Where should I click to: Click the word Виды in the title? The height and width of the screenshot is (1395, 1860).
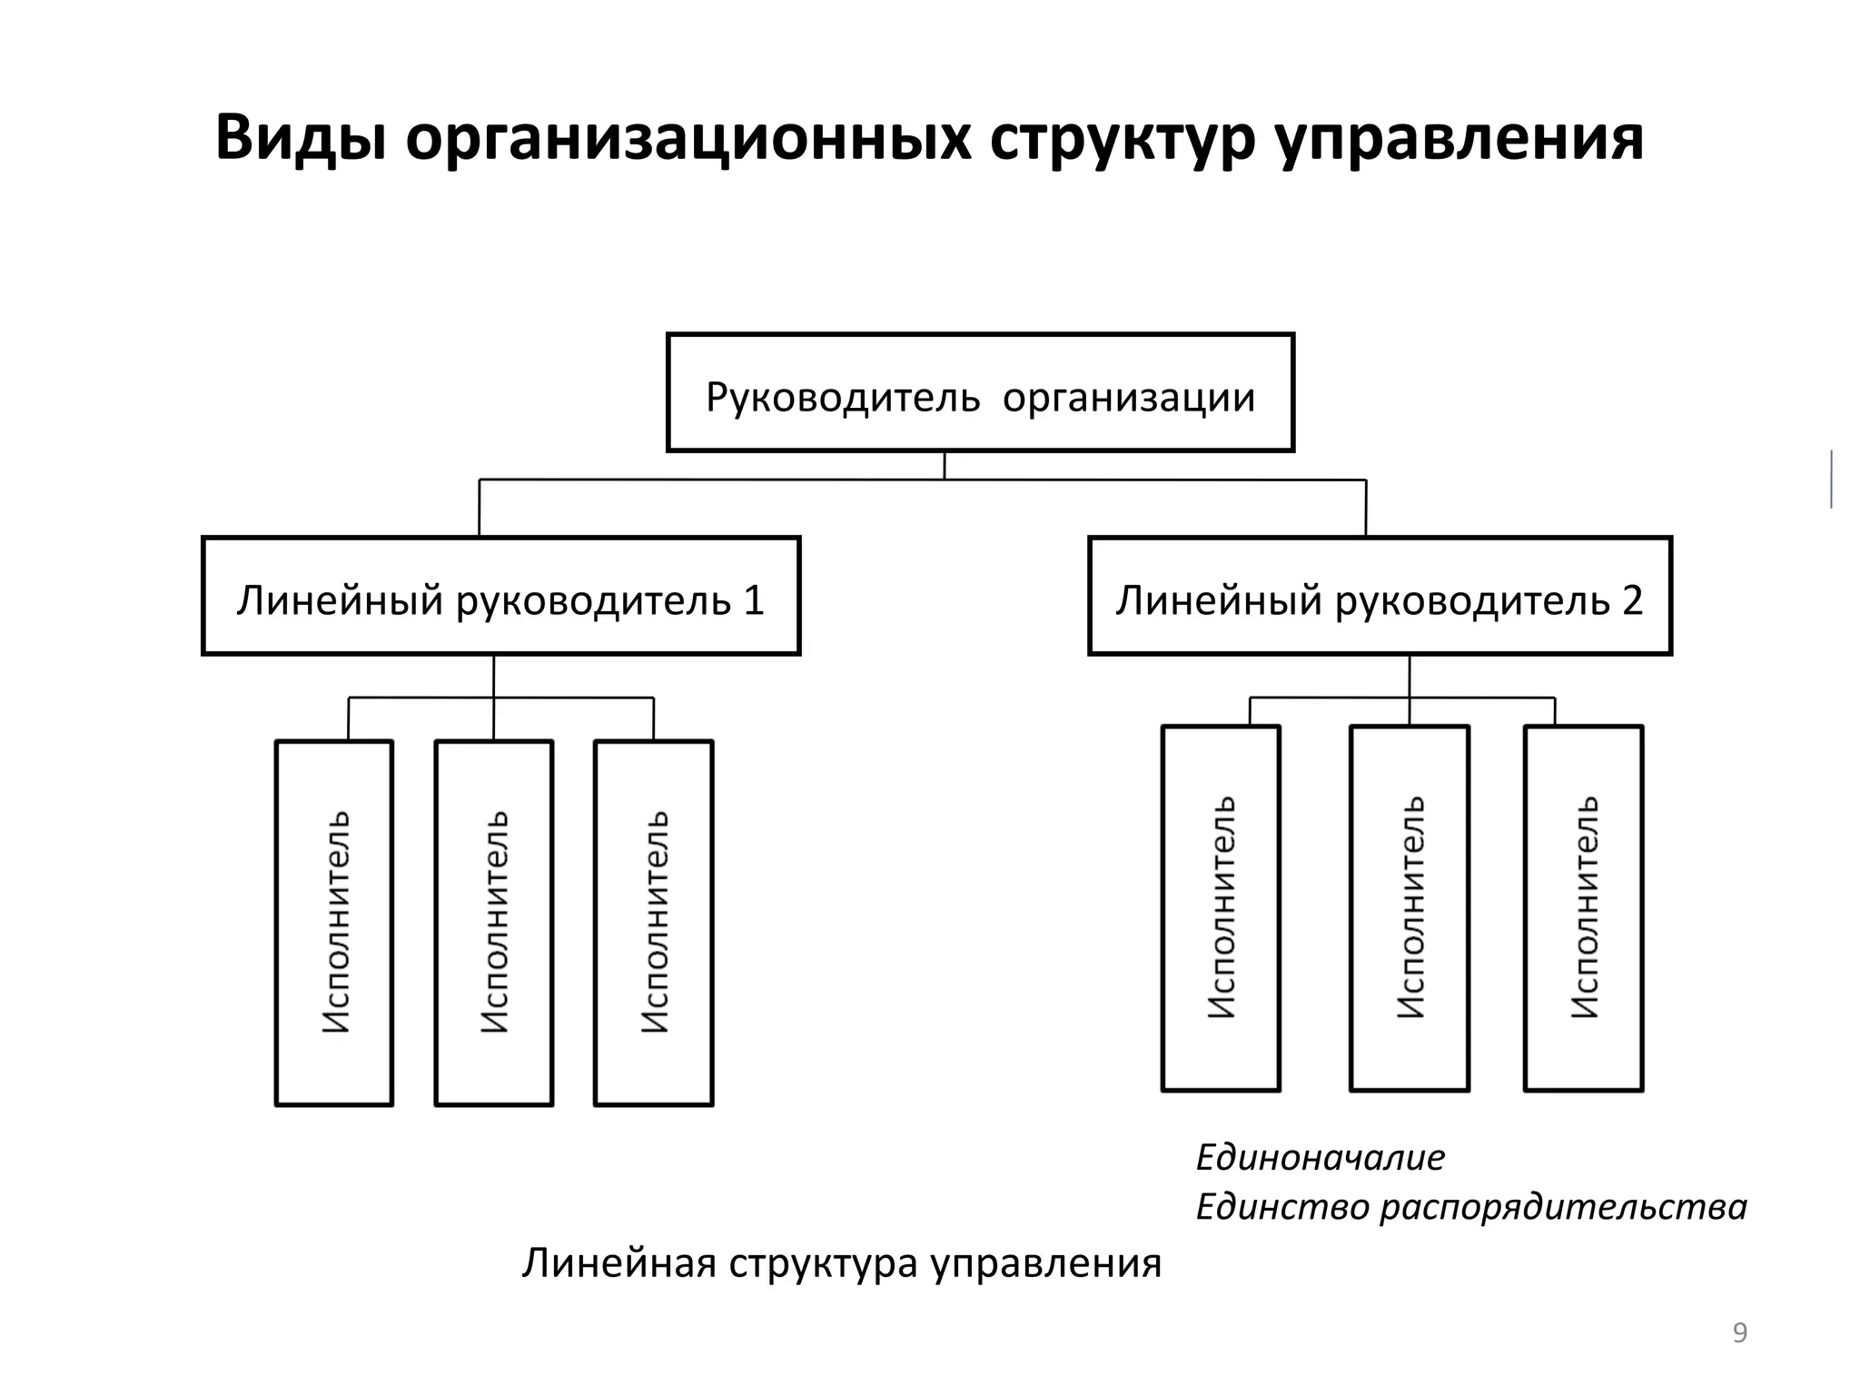coord(300,138)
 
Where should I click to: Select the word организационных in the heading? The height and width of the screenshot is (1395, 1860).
coord(688,138)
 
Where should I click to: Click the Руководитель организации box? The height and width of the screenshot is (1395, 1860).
coord(980,392)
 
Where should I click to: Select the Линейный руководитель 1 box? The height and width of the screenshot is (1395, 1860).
coord(500,596)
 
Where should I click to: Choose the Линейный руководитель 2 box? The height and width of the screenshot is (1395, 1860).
coord(1380,596)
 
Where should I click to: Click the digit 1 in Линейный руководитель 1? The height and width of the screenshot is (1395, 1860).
coord(754,600)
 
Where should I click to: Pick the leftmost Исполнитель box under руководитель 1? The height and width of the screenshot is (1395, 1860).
coord(334,923)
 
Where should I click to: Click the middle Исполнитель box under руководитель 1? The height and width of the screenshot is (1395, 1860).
coord(494,923)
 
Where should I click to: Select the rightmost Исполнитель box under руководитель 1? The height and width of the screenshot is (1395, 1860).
coord(654,923)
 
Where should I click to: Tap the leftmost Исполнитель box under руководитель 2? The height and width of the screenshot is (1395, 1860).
coord(1221,908)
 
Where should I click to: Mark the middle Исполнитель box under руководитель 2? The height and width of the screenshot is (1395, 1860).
coord(1410,908)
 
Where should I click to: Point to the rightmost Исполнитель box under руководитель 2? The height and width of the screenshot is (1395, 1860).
coord(1584,908)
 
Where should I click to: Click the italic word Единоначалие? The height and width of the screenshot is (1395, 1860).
coord(1320,1157)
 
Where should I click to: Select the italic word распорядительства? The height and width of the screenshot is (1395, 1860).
coord(1563,1207)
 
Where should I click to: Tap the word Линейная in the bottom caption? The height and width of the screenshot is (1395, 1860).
coord(618,1263)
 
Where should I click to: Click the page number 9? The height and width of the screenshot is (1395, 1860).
coord(1740,1332)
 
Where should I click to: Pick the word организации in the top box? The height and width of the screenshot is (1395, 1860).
coord(1129,397)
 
